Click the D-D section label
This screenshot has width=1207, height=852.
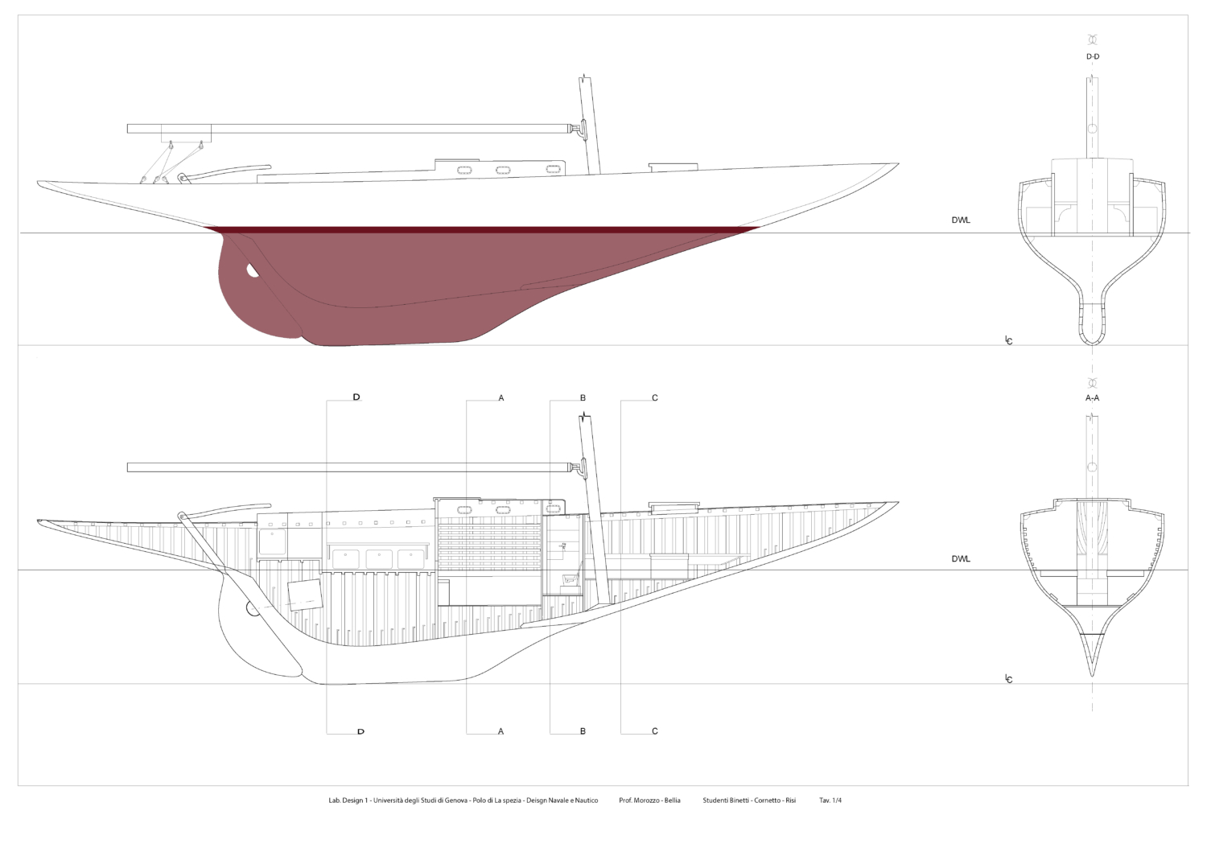(1093, 56)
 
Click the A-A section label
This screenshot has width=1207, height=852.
(1092, 397)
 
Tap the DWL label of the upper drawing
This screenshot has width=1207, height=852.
(961, 220)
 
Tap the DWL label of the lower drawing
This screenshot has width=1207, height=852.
(961, 559)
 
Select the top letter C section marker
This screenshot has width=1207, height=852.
(655, 398)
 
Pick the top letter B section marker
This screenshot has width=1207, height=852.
(583, 398)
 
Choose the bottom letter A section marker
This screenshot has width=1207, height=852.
(501, 731)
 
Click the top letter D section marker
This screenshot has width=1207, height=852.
(356, 397)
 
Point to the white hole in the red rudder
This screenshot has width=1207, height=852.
(251, 270)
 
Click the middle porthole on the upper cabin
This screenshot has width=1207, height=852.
(503, 171)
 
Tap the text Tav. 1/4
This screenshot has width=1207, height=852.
(830, 801)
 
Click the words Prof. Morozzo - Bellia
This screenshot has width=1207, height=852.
(649, 801)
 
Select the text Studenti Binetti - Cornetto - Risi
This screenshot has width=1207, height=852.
(749, 801)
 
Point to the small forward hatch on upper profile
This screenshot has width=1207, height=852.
(673, 167)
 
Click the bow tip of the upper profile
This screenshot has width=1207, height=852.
(898, 163)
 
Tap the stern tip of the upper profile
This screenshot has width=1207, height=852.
(39, 183)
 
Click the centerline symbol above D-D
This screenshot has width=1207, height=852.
(1093, 39)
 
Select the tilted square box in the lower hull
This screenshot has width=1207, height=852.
(305, 595)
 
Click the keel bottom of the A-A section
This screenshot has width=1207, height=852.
(1092, 675)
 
